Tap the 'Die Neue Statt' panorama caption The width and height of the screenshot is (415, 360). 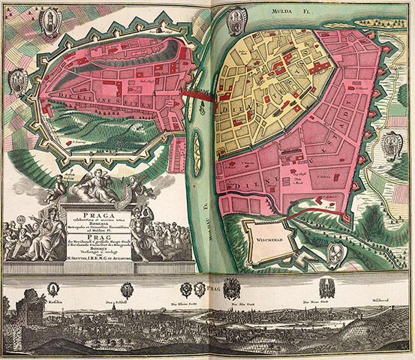click(315, 301)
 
